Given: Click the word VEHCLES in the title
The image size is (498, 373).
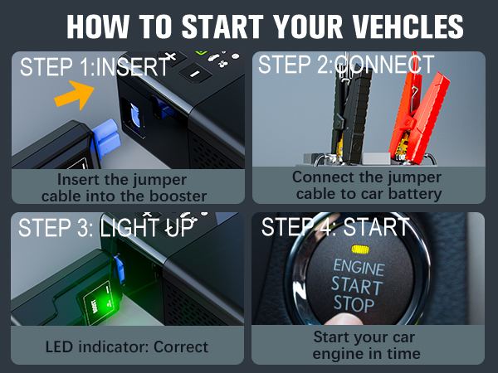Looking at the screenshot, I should (x=405, y=26).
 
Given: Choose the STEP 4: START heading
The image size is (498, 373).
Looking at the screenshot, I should (x=335, y=227).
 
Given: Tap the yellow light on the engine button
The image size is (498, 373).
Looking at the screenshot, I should (x=360, y=249).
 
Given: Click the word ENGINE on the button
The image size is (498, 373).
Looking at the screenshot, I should (x=359, y=268).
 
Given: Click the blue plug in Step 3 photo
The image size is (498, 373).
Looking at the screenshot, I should (x=119, y=266).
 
